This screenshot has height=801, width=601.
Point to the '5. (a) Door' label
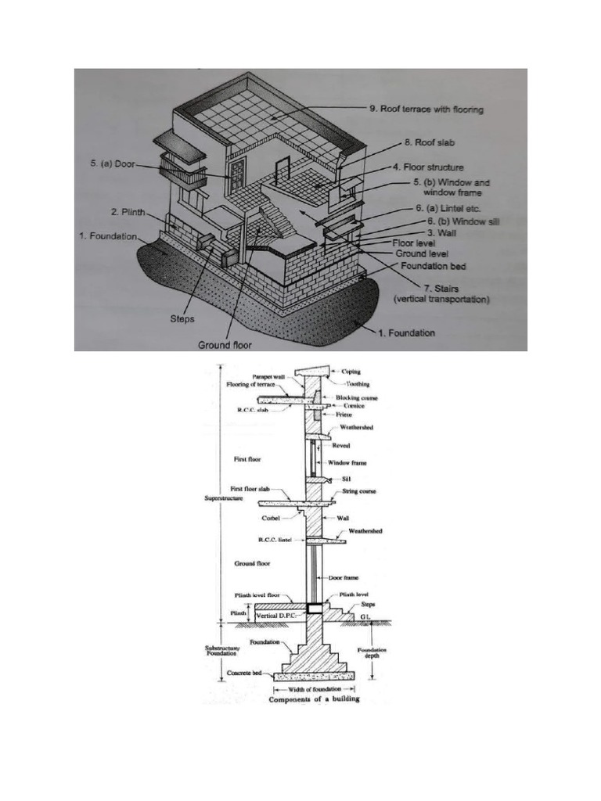pyautogui.click(x=114, y=164)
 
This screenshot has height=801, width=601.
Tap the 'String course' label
pyautogui.click(x=359, y=492)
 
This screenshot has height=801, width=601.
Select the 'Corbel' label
pyautogui.click(x=270, y=517)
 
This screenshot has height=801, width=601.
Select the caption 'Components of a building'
pyautogui.click(x=315, y=699)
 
